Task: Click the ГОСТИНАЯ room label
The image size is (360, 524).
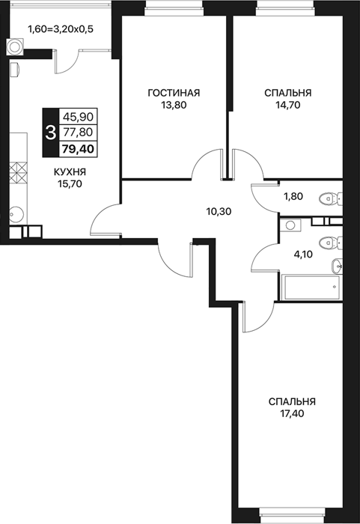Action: click(174, 93)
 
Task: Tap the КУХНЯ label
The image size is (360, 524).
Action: click(70, 172)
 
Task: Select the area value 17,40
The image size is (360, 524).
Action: click(292, 414)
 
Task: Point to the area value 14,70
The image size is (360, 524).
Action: click(288, 105)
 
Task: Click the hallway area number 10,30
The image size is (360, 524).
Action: click(219, 211)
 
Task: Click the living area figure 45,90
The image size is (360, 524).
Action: click(78, 117)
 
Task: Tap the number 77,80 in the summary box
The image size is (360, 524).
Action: click(78, 132)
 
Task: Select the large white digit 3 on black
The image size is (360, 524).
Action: click(50, 132)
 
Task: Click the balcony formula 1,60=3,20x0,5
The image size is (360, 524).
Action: click(61, 29)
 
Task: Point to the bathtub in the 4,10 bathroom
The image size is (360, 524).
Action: click(311, 287)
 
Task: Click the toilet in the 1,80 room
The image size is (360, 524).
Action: click(330, 199)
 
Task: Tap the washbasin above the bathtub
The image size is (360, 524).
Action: click(337, 266)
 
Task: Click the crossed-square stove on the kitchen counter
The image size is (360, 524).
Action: click(18, 173)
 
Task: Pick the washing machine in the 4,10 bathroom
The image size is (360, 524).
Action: click(290, 225)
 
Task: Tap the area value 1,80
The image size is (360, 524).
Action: click(293, 196)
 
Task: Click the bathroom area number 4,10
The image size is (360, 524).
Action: click(303, 255)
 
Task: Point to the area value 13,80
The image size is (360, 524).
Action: click(174, 105)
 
